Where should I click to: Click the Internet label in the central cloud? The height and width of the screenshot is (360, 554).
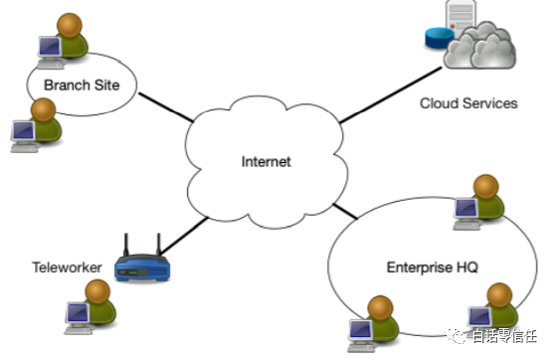click(266, 162)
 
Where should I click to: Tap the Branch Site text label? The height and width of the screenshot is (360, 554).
click(82, 86)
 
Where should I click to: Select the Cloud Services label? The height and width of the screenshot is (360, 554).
click(468, 103)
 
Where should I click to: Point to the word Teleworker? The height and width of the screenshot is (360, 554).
click(67, 268)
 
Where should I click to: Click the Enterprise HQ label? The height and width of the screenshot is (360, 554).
click(432, 268)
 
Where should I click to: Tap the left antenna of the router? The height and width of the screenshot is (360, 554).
click(125, 245)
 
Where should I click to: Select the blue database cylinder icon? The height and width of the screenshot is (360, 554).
click(440, 38)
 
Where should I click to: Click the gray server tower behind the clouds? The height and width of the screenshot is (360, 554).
click(461, 16)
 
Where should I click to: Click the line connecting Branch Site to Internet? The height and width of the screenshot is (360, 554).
click(166, 107)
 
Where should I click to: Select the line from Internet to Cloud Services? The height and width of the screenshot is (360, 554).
click(391, 95)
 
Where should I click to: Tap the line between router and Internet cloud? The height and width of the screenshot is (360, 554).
click(184, 236)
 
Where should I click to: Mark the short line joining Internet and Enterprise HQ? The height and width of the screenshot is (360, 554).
click(345, 211)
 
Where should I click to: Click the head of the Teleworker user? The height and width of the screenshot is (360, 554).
click(97, 291)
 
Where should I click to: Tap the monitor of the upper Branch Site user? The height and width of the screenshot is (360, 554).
click(50, 47)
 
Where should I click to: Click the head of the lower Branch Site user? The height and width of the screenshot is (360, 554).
click(43, 110)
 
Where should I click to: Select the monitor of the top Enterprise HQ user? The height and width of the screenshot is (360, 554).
click(466, 208)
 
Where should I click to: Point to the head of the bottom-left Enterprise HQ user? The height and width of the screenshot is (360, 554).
click(380, 307)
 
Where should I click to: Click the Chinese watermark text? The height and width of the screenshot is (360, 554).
click(504, 336)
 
